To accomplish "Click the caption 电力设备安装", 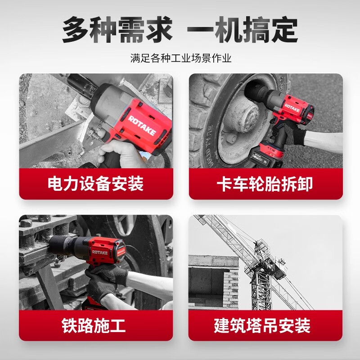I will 96,184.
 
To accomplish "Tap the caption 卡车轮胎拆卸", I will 265,184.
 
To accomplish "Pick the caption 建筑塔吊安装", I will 265,325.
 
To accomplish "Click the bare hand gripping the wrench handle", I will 121,153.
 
